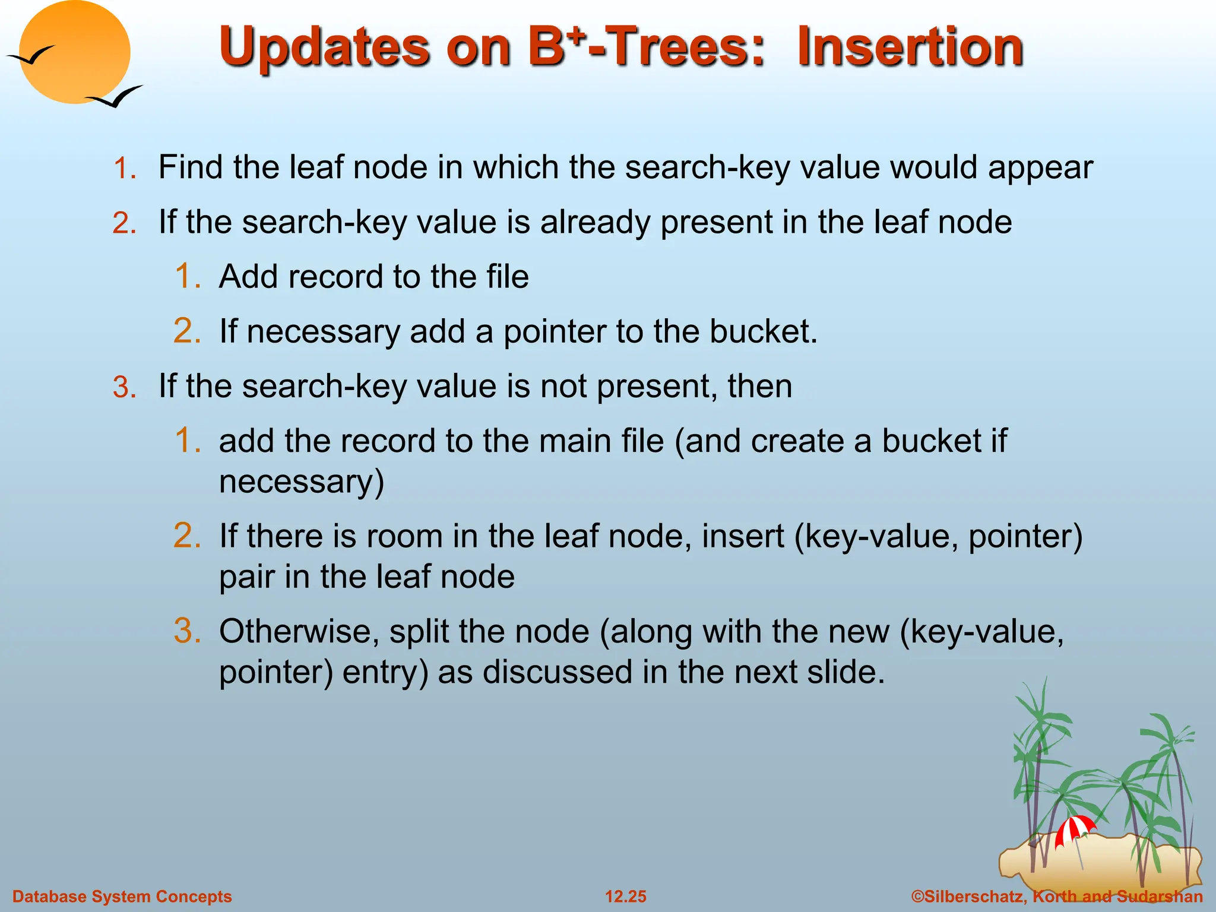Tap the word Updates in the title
point(324,47)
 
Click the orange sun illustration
point(74,52)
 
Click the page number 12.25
point(625,897)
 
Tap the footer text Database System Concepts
point(122,897)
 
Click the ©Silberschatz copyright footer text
point(1057,897)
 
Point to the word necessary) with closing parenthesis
point(301,482)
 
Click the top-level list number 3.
point(125,388)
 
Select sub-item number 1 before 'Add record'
point(188,277)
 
